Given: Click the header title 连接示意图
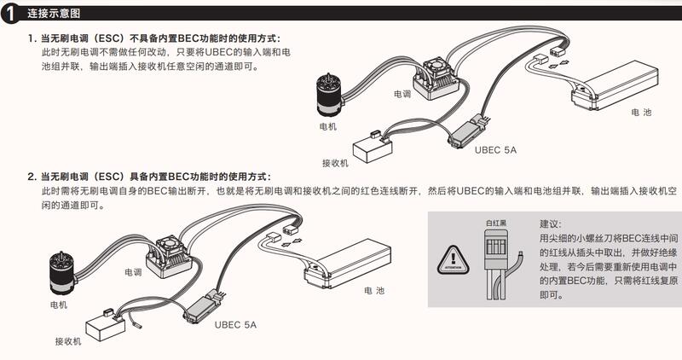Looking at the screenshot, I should click(x=55, y=14).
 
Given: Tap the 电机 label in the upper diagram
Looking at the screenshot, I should click(x=327, y=126).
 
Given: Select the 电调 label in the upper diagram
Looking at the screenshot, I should click(x=403, y=93).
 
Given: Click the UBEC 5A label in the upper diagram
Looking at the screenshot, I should click(x=495, y=149).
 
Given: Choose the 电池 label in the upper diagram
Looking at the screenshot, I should click(x=641, y=112).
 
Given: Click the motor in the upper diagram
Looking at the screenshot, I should click(x=327, y=94).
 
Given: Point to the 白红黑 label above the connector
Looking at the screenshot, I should click(x=496, y=223).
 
